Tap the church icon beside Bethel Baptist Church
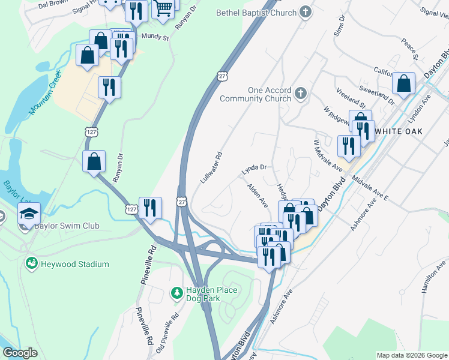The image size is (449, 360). point(306,13)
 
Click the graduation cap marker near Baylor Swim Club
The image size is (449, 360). point(28,214)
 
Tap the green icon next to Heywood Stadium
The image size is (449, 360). point(31,263)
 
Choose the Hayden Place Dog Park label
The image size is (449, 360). point(203,294)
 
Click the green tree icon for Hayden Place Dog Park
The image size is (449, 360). point(176,292)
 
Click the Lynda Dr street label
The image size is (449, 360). point(253,170)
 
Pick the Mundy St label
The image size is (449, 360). point(155,37)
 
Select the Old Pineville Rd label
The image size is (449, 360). point(167,334)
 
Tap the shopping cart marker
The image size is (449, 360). point(163,10)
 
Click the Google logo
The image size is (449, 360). point(20,353)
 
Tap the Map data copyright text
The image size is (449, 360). point(411,355)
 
